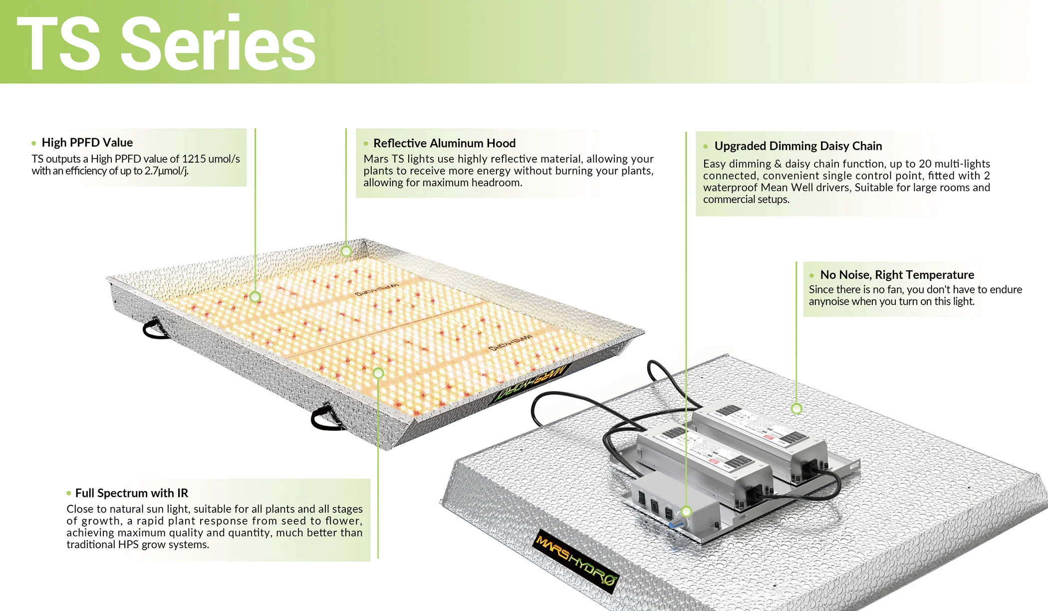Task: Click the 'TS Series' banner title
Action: [x=166, y=43]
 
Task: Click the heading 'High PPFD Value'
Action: [x=87, y=143]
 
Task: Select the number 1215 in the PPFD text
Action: [x=194, y=159]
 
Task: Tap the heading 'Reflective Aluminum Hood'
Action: [x=444, y=144]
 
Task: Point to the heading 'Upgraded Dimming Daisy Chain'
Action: [x=798, y=146]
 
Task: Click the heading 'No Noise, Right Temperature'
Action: [x=897, y=275]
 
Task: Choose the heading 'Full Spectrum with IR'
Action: [x=132, y=493]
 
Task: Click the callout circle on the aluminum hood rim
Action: [x=346, y=251]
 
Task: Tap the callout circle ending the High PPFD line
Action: [x=255, y=297]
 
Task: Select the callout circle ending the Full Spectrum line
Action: [x=378, y=373]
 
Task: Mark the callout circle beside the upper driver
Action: [x=796, y=409]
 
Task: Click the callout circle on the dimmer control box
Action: [x=686, y=511]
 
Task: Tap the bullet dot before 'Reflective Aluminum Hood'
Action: [x=366, y=144]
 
